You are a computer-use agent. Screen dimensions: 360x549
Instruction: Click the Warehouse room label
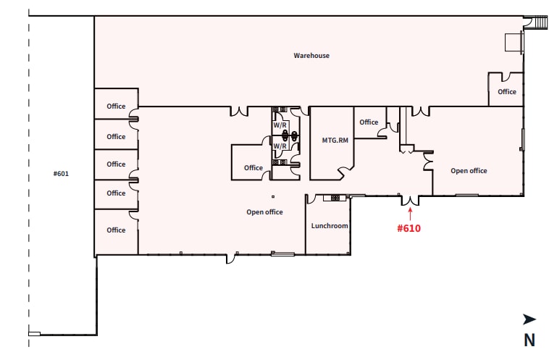point(311,56)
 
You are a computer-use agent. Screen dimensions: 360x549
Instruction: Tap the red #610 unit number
point(409,228)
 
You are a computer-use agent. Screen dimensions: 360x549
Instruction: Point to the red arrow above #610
point(410,214)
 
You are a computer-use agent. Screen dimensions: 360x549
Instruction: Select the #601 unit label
point(61,174)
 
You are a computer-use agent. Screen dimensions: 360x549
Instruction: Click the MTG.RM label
point(335,141)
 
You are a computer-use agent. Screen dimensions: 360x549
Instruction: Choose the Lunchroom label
point(330,226)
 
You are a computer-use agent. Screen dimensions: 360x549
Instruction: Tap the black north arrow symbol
point(529,319)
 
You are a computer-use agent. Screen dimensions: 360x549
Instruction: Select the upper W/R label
point(280,125)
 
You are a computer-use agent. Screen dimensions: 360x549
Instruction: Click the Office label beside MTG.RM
point(369,122)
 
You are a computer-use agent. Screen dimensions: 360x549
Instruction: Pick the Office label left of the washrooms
point(253,168)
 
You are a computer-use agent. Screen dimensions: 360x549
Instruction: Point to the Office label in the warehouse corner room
point(507,92)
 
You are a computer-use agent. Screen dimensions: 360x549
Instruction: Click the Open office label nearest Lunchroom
point(264,212)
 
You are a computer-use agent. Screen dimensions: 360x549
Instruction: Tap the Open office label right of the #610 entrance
point(469,171)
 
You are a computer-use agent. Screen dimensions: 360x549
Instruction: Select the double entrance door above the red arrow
point(410,200)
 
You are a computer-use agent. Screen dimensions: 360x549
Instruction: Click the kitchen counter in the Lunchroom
point(335,196)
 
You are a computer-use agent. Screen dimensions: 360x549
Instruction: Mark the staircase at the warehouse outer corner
point(537,22)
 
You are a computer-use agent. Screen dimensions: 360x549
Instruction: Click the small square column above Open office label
point(273,196)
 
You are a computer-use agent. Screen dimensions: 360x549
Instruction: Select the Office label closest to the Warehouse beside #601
point(116,106)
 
